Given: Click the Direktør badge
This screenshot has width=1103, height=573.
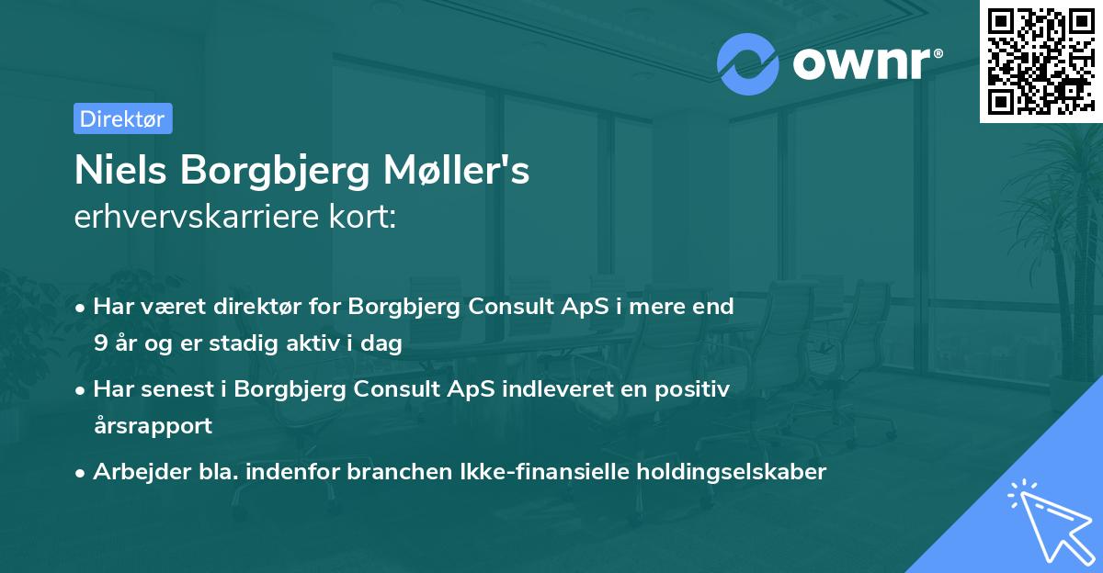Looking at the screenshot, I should coord(122,118).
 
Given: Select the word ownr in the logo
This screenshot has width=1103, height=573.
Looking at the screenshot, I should coord(861,64).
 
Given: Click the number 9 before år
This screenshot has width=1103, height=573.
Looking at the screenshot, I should coord(99,343).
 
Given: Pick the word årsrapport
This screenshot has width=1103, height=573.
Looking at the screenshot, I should coord(153,426).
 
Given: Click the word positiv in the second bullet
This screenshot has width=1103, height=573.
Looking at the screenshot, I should coord(697,389).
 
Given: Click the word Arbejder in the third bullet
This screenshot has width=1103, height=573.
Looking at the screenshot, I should coord(134,472).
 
